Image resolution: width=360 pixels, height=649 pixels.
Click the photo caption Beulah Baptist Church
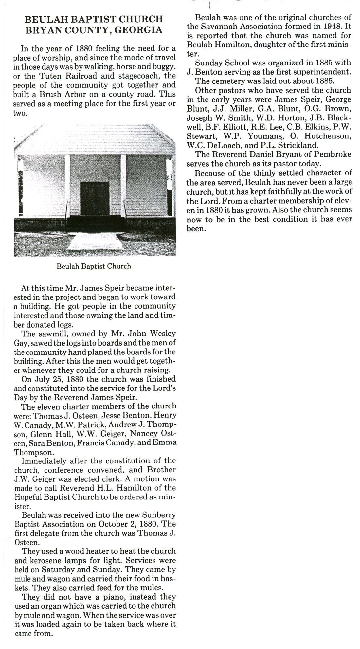coord(94,266)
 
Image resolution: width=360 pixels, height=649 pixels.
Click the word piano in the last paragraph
coord(103,597)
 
